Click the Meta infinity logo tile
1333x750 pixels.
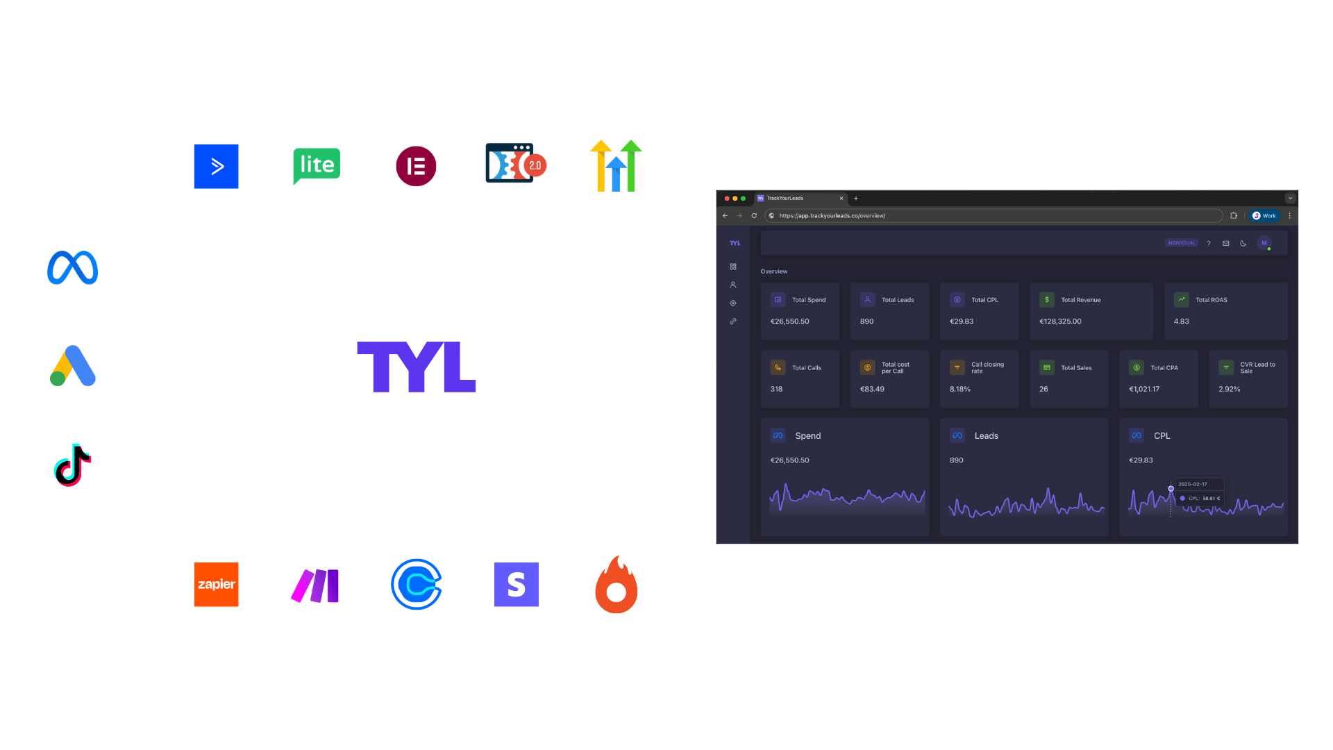pyautogui.click(x=73, y=268)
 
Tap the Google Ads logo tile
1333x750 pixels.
pyautogui.click(x=73, y=367)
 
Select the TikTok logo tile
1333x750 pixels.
pyautogui.click(x=73, y=465)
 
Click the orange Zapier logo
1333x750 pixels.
pyautogui.click(x=216, y=584)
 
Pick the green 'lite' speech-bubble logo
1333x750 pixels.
pyautogui.click(x=317, y=166)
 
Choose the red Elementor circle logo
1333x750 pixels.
pyautogui.click(x=416, y=166)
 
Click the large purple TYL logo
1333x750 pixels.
pyautogui.click(x=416, y=367)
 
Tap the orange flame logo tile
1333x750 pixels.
pyautogui.click(x=616, y=585)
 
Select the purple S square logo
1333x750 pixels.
pyautogui.click(x=516, y=584)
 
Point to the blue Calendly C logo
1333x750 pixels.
pyautogui.click(x=416, y=584)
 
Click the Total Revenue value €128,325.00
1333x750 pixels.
pyautogui.click(x=1060, y=322)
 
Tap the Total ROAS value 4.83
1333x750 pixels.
pyautogui.click(x=1181, y=322)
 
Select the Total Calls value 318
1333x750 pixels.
pyautogui.click(x=776, y=389)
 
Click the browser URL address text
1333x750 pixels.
pyautogui.click(x=832, y=216)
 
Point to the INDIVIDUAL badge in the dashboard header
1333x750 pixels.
pyautogui.click(x=1181, y=243)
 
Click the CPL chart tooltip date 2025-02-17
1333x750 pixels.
pyautogui.click(x=1192, y=484)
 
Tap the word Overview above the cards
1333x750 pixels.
pyautogui.click(x=773, y=272)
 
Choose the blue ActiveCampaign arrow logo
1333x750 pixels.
pyautogui.click(x=216, y=166)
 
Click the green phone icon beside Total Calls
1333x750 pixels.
pyautogui.click(x=778, y=367)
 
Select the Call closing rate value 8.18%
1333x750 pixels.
pyautogui.click(x=959, y=389)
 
